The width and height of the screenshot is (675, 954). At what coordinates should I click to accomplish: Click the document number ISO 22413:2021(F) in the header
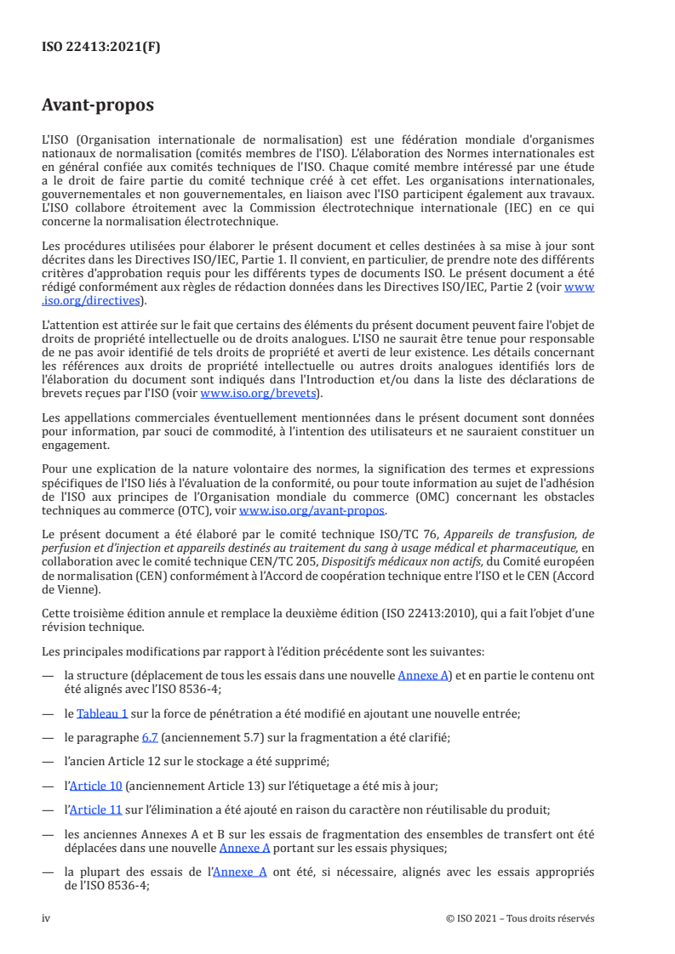tap(101, 48)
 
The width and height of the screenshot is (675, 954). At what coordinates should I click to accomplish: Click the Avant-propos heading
tap(98, 107)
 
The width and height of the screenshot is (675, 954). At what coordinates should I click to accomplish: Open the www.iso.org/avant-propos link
tap(312, 511)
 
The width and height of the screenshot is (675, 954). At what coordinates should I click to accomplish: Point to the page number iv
tap(47, 918)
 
